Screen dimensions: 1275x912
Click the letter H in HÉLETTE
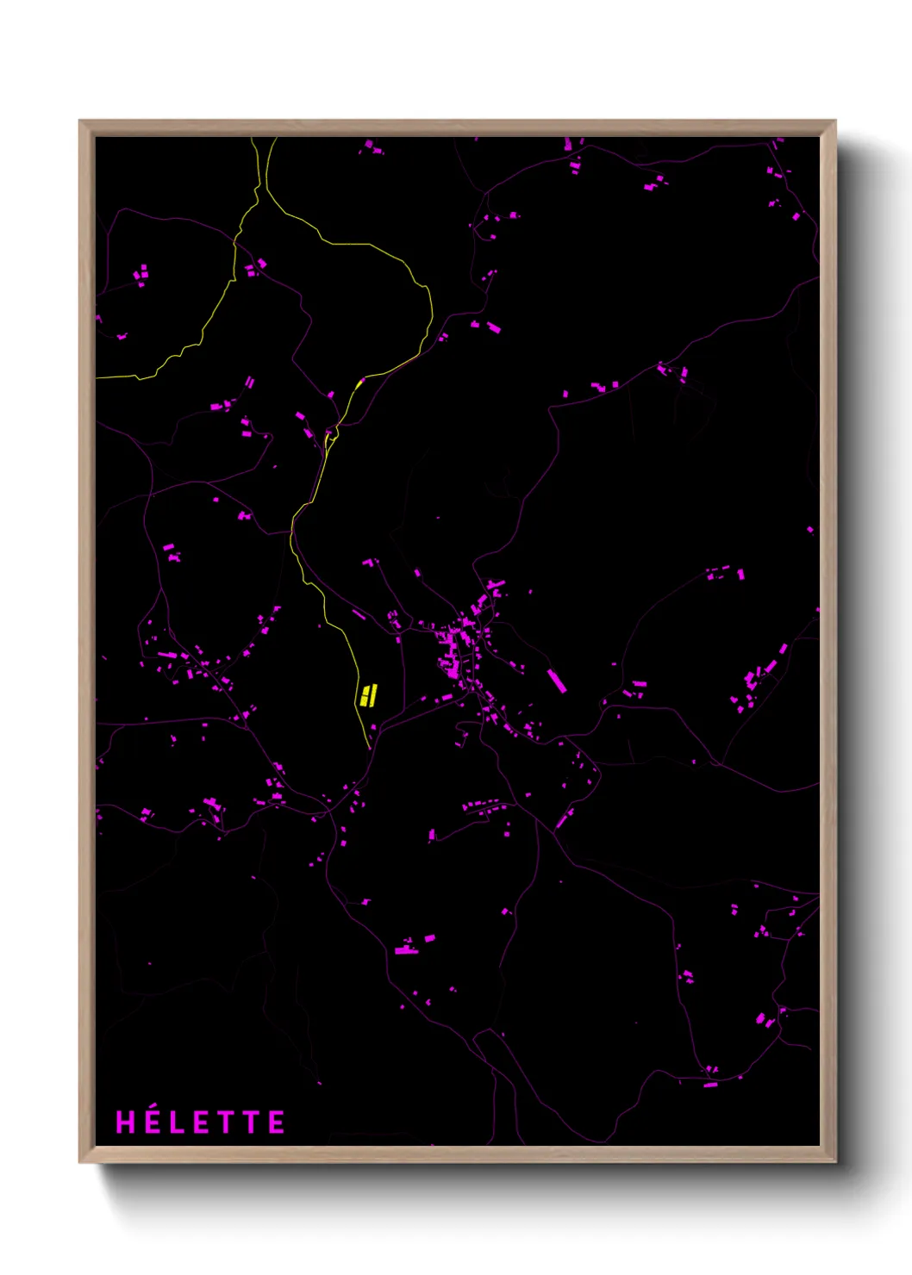click(125, 1123)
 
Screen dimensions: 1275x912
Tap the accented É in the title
click(150, 1123)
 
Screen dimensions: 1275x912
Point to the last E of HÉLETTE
click(277, 1123)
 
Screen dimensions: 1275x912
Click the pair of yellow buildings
click(369, 694)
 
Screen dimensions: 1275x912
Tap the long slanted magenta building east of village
click(557, 681)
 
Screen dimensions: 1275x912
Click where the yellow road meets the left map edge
click(97, 377)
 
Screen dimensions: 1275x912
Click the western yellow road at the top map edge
click(253, 139)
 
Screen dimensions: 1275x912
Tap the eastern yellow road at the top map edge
click(275, 139)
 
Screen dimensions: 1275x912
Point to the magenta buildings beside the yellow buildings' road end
click(373, 729)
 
